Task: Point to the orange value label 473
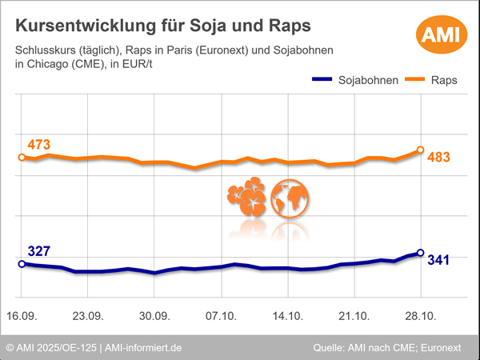click(x=38, y=145)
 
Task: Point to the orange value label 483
click(x=439, y=157)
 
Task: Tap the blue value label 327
click(x=38, y=250)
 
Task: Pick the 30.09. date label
click(x=154, y=316)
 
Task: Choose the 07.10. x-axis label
click(x=221, y=316)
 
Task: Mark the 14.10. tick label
click(x=287, y=316)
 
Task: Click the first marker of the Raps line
click(x=21, y=158)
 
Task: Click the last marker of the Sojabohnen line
click(x=421, y=253)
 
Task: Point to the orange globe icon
click(x=290, y=198)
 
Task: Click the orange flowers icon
click(x=246, y=198)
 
